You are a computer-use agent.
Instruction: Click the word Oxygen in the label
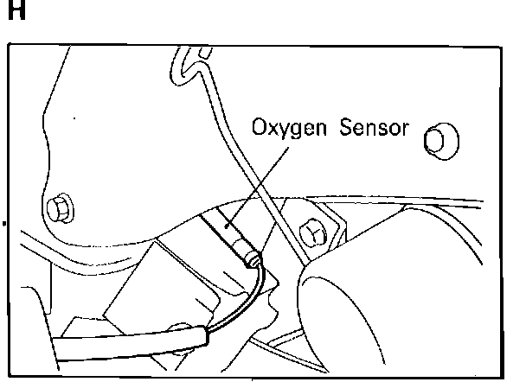coord(285,129)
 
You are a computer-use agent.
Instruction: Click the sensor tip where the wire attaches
coord(252,258)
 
